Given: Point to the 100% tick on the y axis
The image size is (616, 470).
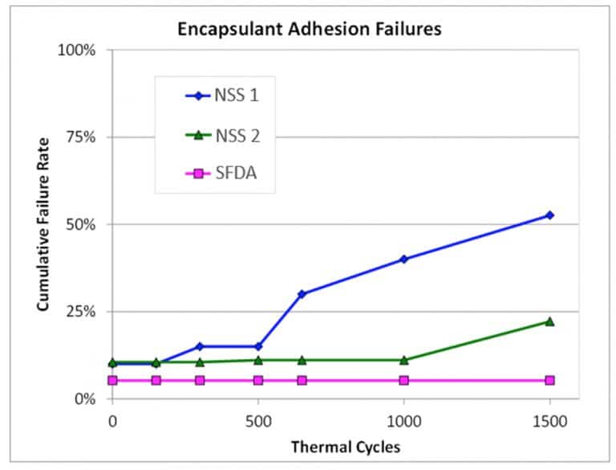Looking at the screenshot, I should pyautogui.click(x=79, y=50).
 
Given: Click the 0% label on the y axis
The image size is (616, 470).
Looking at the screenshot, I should pyautogui.click(x=85, y=399).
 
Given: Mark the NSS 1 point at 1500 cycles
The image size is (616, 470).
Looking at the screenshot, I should pyautogui.click(x=549, y=215).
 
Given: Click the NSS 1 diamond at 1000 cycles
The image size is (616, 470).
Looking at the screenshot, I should pyautogui.click(x=403, y=259).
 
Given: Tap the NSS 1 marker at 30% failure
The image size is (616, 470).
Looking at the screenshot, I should pyautogui.click(x=302, y=294).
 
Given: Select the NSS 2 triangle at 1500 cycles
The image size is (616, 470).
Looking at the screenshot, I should pyautogui.click(x=549, y=321).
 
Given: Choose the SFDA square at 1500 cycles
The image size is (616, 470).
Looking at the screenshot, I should pyautogui.click(x=549, y=380).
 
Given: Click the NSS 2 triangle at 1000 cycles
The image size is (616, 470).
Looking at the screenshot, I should pyautogui.click(x=403, y=360).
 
